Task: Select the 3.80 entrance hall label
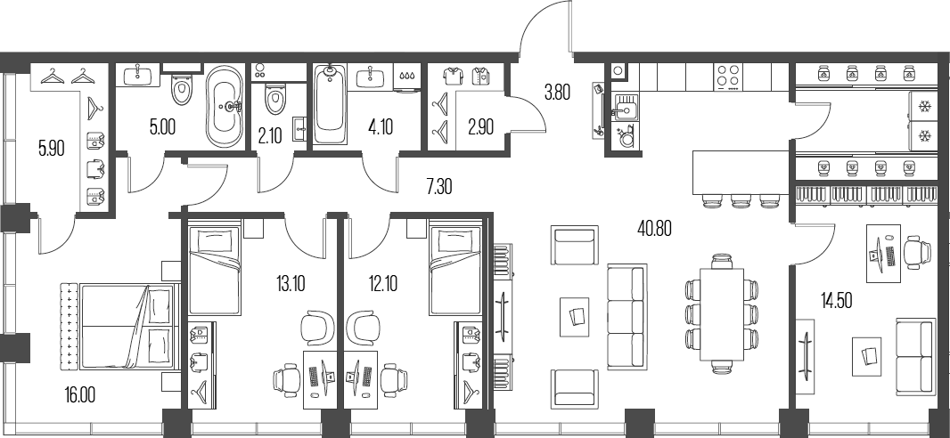[557, 90]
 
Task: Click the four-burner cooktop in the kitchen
[729, 76]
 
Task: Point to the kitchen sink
[625, 109]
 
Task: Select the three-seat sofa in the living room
[624, 315]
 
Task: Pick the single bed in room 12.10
[455, 268]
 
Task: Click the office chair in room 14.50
[915, 252]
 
